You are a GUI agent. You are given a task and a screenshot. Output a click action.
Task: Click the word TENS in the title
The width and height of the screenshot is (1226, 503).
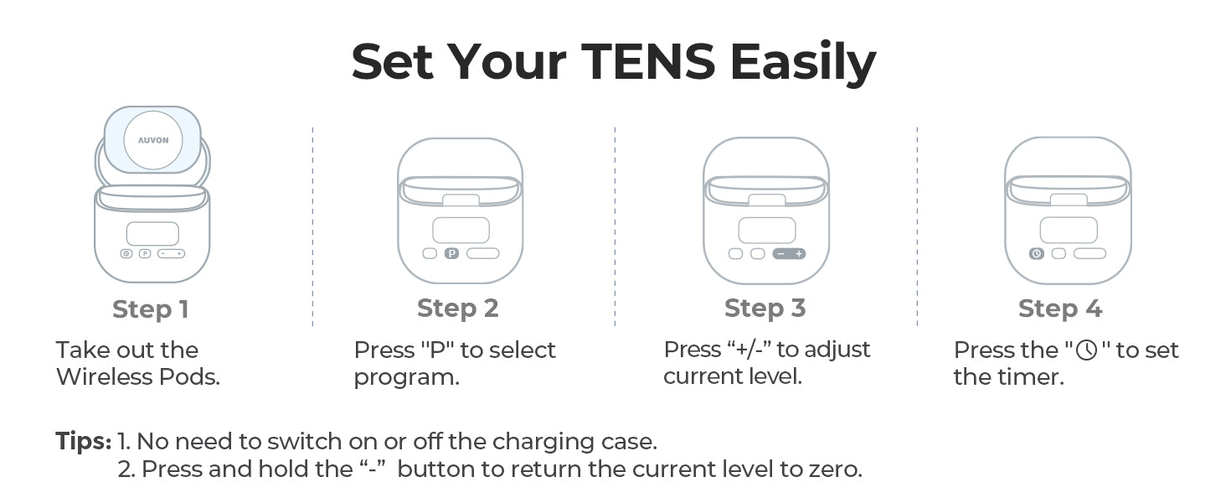coord(648,62)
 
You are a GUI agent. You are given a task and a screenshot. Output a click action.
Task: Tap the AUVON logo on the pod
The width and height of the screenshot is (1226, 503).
coord(153,140)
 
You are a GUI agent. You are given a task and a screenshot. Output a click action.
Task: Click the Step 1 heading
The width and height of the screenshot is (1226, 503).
coord(151,309)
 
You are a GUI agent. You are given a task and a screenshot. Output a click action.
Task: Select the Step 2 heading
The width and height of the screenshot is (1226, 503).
coord(457,309)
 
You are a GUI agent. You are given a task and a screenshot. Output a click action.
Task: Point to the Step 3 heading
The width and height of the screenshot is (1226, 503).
coord(765,309)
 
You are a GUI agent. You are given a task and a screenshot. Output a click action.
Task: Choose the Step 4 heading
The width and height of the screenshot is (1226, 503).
coord(1060,309)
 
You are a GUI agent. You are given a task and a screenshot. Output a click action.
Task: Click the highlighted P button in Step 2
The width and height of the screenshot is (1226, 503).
coord(451,253)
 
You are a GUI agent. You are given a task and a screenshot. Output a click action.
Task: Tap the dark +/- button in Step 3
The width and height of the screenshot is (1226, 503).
coord(789,254)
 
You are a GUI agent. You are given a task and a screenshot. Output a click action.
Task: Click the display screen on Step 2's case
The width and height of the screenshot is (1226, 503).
coord(461,231)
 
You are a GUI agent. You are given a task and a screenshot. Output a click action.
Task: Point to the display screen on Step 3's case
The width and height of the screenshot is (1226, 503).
coord(767,231)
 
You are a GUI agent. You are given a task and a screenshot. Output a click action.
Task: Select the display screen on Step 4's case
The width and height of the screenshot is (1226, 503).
coord(1069,231)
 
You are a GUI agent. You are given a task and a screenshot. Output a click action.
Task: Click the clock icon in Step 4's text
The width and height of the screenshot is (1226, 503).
coord(1086,350)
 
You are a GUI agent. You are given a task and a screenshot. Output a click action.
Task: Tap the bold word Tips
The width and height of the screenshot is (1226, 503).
coord(83,442)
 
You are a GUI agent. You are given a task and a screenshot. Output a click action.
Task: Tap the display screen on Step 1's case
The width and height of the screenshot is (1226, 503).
coord(152,234)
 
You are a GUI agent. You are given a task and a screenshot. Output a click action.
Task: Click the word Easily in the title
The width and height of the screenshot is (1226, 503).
coord(803,64)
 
